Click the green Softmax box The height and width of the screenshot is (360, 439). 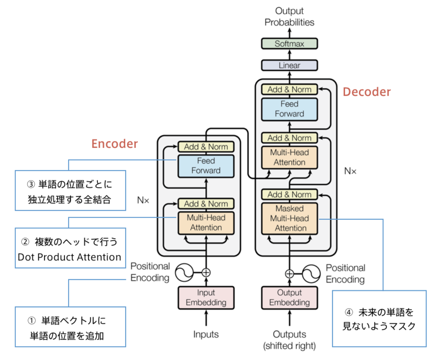(289, 44)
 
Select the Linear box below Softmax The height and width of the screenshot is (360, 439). (289, 65)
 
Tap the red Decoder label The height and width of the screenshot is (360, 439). (366, 92)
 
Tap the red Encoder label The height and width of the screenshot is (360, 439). (115, 144)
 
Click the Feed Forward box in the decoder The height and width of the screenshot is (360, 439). (289, 109)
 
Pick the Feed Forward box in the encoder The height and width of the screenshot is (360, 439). (206, 166)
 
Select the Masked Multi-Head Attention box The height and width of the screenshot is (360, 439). (289, 218)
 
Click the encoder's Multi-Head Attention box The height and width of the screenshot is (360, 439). (206, 223)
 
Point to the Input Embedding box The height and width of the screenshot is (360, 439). (206, 298)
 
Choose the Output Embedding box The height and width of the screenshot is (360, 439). (289, 298)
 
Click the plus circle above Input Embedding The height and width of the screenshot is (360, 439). (206, 272)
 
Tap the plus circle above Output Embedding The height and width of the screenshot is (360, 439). (289, 274)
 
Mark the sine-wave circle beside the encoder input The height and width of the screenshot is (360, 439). (184, 272)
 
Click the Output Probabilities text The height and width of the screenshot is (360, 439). (289, 17)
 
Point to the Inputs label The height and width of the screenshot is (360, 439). (206, 334)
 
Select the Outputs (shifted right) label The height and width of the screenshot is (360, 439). (289, 340)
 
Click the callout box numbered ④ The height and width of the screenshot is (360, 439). (379, 319)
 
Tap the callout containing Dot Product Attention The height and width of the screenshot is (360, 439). (70, 248)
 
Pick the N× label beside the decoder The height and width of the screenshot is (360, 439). (350, 171)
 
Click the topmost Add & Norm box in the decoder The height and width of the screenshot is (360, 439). (289, 90)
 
